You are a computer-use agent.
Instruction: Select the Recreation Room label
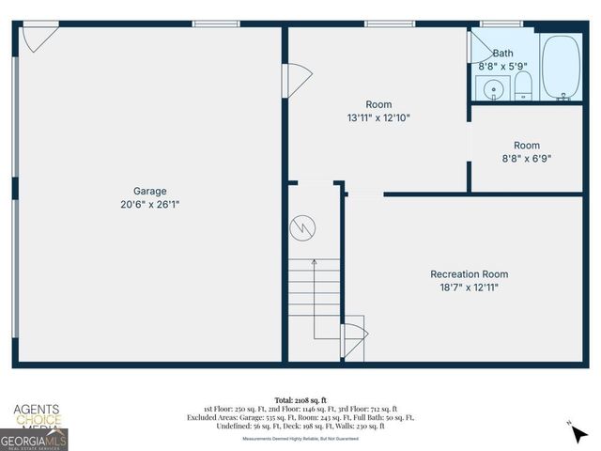coord(470,274)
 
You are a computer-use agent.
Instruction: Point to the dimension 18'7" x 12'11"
coord(470,288)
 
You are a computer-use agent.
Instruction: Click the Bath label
coord(502,54)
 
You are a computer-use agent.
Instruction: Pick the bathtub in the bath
coord(562,68)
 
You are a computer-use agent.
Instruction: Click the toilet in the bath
coord(523,88)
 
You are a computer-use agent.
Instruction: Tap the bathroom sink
coord(492,89)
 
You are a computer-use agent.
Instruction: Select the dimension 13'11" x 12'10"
coord(378,118)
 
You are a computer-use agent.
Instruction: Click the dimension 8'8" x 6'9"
coord(527,159)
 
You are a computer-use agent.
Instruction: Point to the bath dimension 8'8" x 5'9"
coord(503,67)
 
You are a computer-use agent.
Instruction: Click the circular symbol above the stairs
coord(301,227)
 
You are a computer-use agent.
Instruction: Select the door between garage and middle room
coord(295,78)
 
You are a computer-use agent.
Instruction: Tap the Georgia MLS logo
coord(34,439)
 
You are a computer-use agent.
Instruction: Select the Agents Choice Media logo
coord(36,414)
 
